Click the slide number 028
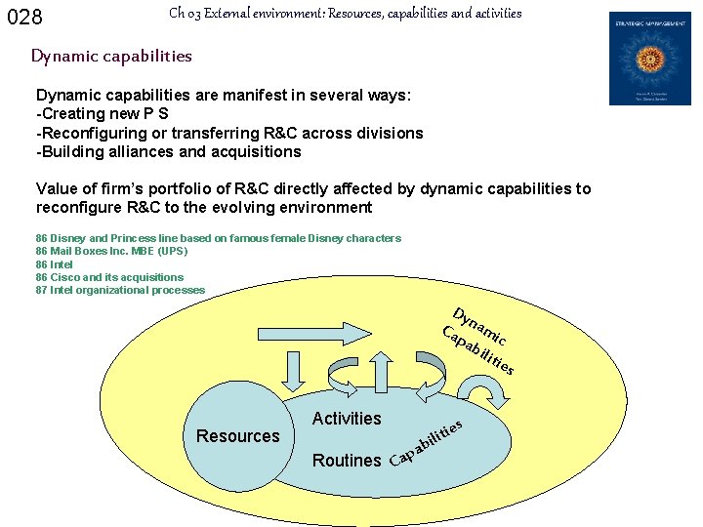(25, 18)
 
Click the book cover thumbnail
(649, 59)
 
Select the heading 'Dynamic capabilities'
(111, 56)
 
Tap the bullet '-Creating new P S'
(103, 114)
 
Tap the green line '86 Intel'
(55, 264)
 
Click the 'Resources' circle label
(237, 436)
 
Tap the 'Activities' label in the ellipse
(347, 419)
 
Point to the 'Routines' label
(347, 461)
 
